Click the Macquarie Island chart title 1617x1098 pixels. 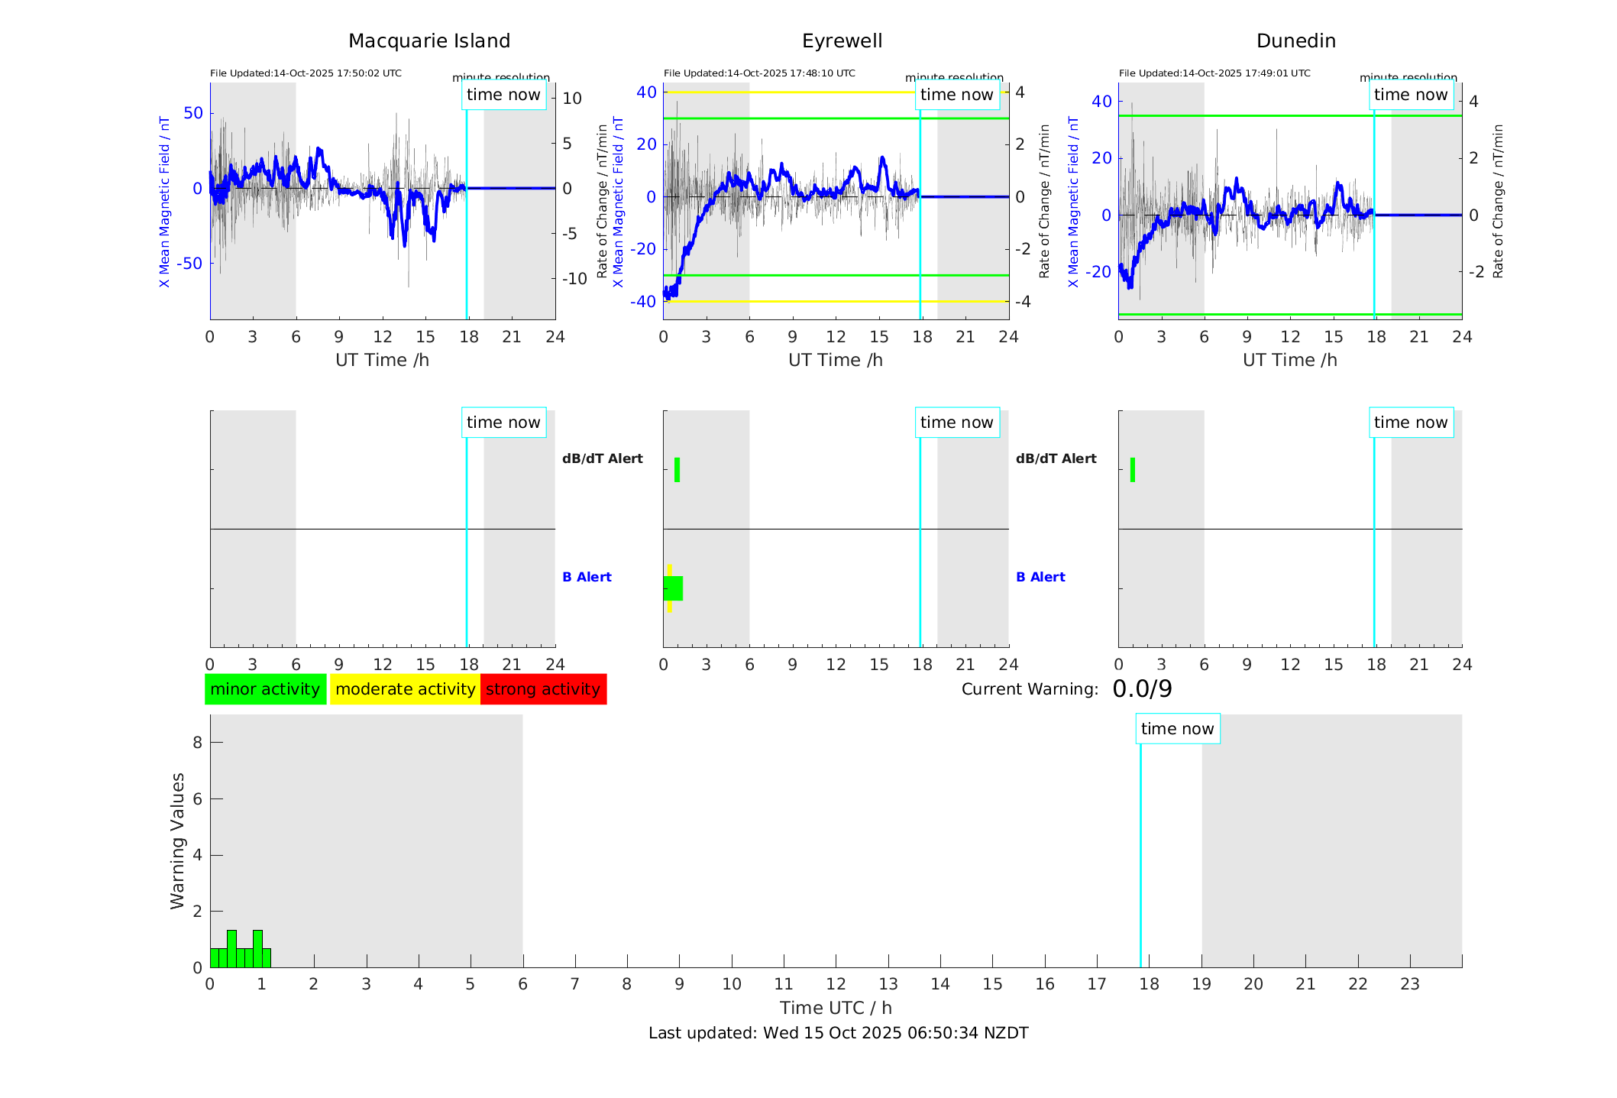pos(429,41)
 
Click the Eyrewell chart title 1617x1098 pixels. pos(842,41)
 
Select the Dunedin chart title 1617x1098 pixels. pos(1295,41)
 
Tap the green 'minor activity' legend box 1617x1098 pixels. pos(265,689)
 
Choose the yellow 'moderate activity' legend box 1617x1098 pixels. pos(405,689)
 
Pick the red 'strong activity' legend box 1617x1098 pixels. pos(543,689)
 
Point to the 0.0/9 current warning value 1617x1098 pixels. pos(1142,689)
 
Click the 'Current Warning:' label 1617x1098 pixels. pos(1030,689)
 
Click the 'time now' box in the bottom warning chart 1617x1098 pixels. pos(1177,729)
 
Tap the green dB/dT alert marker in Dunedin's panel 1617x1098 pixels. pos(1133,470)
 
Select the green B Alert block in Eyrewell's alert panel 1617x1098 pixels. pos(674,588)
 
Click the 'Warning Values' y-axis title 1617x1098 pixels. pos(178,841)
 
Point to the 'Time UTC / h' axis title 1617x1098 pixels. pos(836,1008)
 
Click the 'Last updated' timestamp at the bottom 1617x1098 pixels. pos(838,1033)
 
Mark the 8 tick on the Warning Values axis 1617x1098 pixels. pos(198,742)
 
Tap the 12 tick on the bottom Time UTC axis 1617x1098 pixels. pos(836,984)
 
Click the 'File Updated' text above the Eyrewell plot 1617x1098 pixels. pos(759,73)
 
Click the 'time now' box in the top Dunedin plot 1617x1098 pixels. pos(1410,95)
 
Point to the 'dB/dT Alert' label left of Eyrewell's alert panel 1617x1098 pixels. pos(603,458)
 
